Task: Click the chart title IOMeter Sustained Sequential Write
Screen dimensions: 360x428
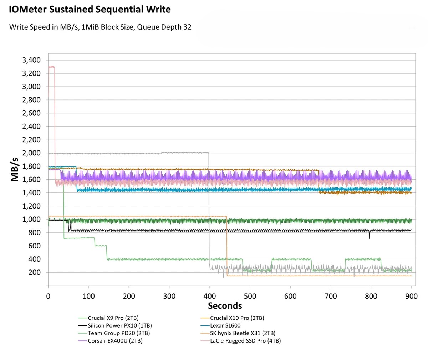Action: [x=90, y=10]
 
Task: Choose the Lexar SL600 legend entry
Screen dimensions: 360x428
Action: [x=225, y=325]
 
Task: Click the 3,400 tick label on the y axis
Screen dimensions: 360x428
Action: [x=31, y=60]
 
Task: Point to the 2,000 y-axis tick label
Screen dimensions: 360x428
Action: [x=31, y=153]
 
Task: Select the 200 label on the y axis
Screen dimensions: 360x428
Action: [x=34, y=272]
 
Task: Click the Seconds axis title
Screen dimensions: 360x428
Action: [x=225, y=305]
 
